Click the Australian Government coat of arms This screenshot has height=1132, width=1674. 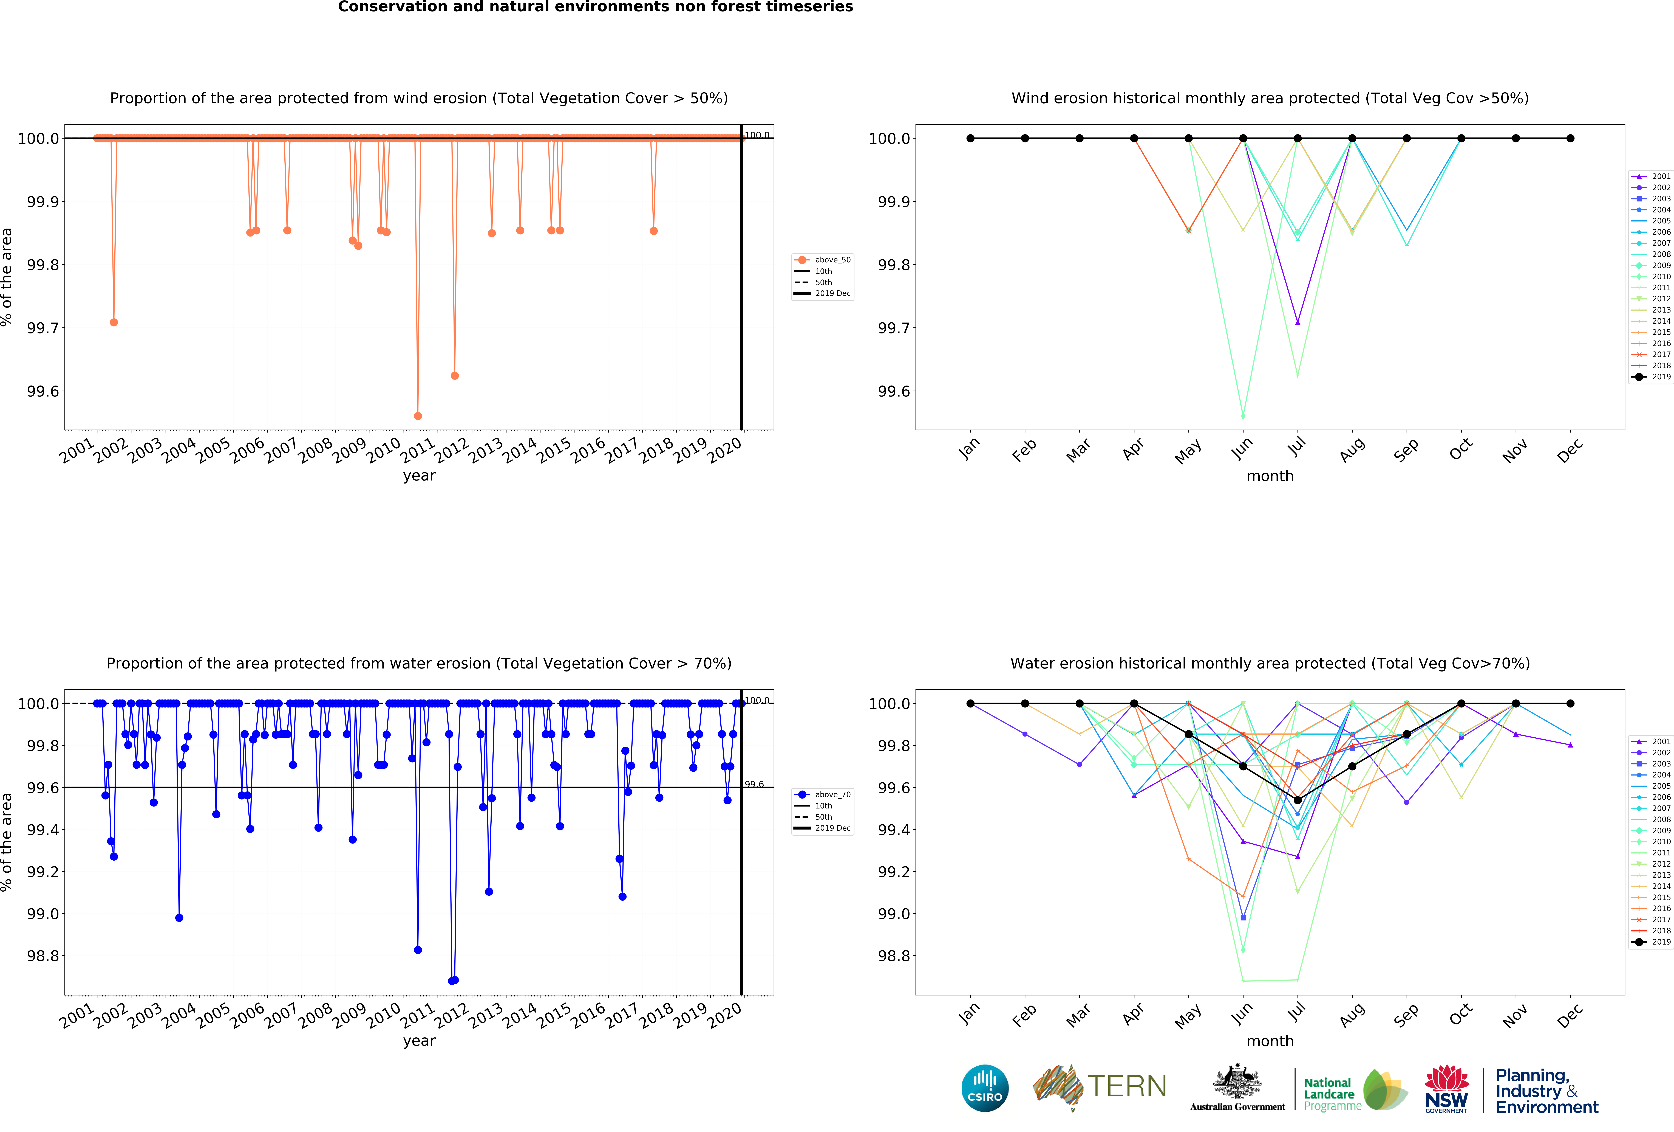(x=1237, y=1081)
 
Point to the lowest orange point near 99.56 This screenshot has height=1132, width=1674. (x=418, y=416)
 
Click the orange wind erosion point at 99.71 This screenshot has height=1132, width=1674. (x=114, y=322)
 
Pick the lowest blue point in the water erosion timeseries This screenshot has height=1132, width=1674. (x=452, y=981)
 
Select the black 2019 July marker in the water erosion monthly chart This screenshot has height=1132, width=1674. (x=1297, y=800)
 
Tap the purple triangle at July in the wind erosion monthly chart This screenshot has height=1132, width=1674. (x=1297, y=322)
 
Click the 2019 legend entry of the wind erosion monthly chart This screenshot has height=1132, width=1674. (x=1652, y=377)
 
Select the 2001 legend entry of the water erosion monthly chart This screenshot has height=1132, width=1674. (x=1652, y=741)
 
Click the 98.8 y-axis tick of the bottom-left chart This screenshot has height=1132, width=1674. (x=43, y=956)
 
